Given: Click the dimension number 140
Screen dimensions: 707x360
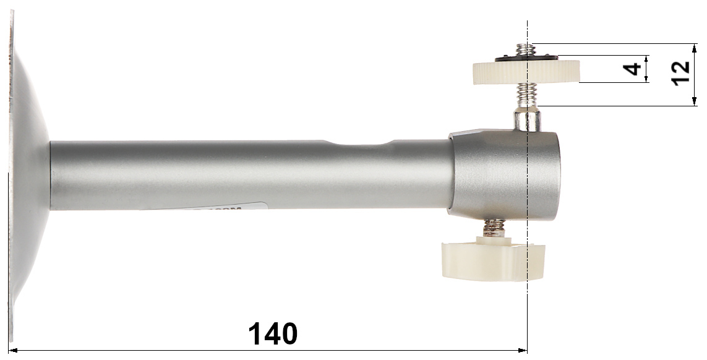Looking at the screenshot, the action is [273, 334].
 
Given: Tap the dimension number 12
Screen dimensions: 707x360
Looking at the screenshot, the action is [680, 72].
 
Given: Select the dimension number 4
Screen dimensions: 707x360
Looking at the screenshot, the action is [632, 69].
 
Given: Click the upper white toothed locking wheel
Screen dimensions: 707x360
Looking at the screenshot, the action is [526, 72].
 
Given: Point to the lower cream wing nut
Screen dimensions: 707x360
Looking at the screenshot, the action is [492, 261].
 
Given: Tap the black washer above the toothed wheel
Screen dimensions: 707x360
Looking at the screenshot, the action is [526, 58].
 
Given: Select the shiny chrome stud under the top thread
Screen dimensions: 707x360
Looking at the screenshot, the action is [527, 119].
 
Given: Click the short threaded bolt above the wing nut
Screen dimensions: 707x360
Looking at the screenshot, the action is [495, 228].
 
